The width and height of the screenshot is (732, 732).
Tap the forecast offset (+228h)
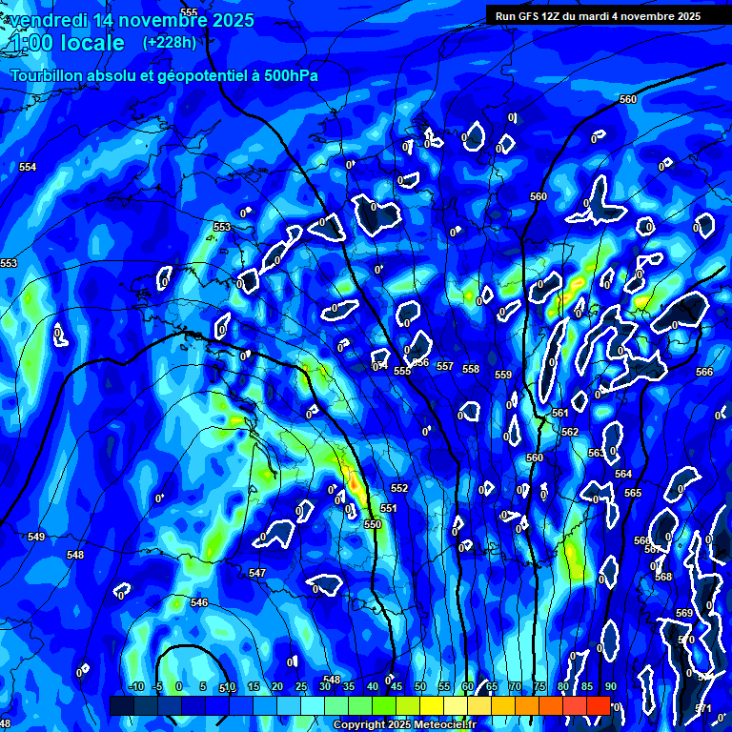(x=169, y=42)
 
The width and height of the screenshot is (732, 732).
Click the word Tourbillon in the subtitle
(x=51, y=76)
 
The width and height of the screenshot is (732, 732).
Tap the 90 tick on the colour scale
(x=610, y=687)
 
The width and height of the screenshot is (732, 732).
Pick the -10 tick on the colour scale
(x=135, y=687)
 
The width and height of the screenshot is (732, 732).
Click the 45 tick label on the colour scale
(x=396, y=687)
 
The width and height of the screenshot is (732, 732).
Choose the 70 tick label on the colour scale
(x=515, y=687)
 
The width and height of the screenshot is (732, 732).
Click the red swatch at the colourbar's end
(x=598, y=705)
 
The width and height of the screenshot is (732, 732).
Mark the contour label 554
(x=28, y=167)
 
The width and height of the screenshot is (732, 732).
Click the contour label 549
(x=36, y=538)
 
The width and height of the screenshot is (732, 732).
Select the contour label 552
(x=399, y=488)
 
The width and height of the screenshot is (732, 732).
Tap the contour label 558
(x=471, y=369)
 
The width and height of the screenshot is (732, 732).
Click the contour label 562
(x=570, y=432)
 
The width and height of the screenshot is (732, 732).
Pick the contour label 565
(x=633, y=493)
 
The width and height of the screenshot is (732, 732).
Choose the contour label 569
(x=684, y=613)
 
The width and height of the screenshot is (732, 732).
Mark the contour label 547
(x=257, y=573)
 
